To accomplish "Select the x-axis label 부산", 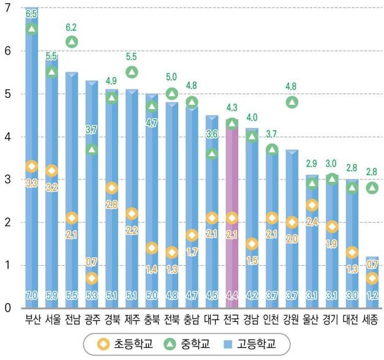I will pos(32,319).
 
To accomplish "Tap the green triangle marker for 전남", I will pos(72,42).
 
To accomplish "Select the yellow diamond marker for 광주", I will pos(91,278).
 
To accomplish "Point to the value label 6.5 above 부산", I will pos(32,13).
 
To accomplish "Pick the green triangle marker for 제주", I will pos(131,72).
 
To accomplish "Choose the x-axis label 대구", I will pos(211,319).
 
